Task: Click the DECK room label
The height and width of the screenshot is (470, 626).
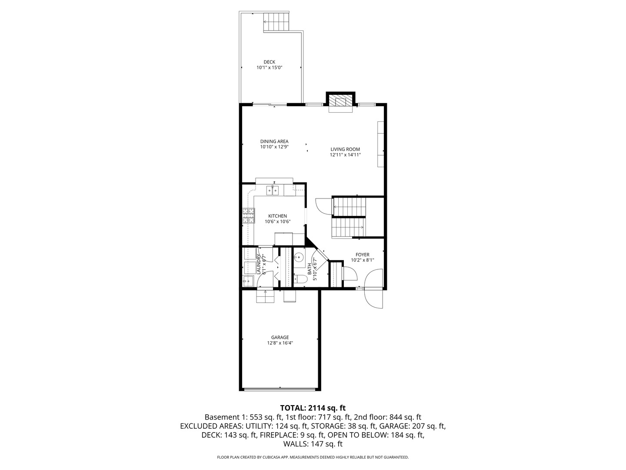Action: pos(269,62)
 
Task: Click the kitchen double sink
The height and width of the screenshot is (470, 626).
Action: pos(273,190)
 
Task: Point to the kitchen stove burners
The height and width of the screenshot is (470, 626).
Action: pos(248,216)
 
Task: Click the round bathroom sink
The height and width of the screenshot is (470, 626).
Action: pos(299,256)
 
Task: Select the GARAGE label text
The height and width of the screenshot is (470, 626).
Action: pos(280,337)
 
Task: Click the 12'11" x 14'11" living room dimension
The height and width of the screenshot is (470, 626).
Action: pos(345,155)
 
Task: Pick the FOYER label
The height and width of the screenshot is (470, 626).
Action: pos(362,255)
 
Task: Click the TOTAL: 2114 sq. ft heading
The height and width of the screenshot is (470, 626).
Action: pos(313,408)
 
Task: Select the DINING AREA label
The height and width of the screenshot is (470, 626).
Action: pos(274,141)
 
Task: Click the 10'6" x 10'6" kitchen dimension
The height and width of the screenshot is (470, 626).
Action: pos(277,222)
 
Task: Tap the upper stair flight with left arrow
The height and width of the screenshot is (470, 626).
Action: pos(350,207)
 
